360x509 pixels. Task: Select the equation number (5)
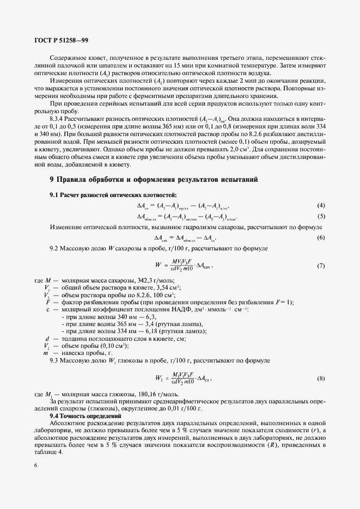(x=321, y=216)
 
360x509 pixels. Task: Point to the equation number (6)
(x=321, y=238)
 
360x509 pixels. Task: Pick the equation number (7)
(x=321, y=265)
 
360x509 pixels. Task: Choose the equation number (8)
(x=321, y=378)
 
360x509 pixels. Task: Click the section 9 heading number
(x=52, y=179)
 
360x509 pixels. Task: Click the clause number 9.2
(x=54, y=248)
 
